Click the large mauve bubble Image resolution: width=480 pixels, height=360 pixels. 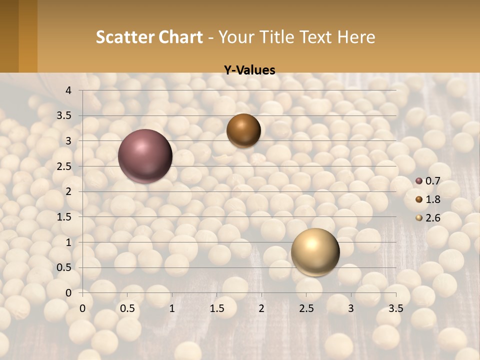coord(145,156)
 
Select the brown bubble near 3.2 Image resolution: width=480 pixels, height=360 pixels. coord(243,130)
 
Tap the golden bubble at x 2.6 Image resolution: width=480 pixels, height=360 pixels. coord(315,252)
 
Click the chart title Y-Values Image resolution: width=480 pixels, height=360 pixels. coord(249,70)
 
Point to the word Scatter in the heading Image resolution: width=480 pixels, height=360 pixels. coord(125,37)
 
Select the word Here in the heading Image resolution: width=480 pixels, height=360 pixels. coord(356,37)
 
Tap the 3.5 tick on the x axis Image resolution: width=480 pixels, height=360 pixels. coord(395,308)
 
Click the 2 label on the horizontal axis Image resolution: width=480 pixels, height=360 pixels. coord(261,308)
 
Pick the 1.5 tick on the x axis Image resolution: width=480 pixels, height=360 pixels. coord(216,308)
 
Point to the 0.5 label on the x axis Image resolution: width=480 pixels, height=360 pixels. coord(127,308)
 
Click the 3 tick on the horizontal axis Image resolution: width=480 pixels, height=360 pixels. coord(351,308)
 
